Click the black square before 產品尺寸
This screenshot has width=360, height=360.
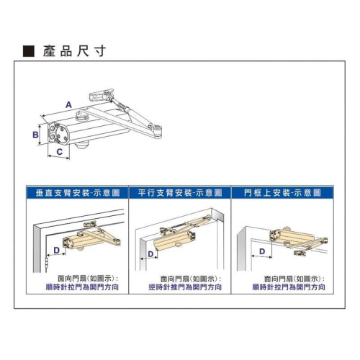coord(29,51)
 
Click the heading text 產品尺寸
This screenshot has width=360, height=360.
coord(74,51)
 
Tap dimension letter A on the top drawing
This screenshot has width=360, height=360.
coord(68,105)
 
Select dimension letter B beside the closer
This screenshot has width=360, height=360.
coord(35,135)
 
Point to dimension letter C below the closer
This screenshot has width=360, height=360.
coord(59,152)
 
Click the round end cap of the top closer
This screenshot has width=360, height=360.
coord(61,134)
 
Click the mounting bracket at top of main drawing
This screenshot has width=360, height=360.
coord(101,95)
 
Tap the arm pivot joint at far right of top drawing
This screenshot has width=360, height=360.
coord(157,131)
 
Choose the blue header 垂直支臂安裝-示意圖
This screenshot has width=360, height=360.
coord(77,193)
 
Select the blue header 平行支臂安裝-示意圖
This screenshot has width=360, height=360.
coord(180,193)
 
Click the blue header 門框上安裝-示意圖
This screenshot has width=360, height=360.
coord(282,193)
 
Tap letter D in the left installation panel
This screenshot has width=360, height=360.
coord(56,251)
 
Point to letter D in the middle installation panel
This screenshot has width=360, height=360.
coord(150,254)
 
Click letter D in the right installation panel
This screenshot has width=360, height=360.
coord(262,251)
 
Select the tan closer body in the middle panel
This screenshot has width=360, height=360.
coord(175,240)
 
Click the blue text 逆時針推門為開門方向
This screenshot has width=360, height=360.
coord(185,287)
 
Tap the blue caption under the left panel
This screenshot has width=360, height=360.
coord(82,287)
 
